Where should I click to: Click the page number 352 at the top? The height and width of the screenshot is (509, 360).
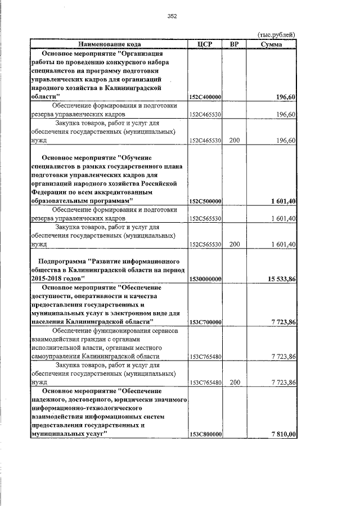(x=172, y=16)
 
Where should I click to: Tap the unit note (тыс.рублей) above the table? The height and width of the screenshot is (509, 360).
(x=276, y=34)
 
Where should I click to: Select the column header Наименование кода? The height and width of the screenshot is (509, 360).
(x=109, y=44)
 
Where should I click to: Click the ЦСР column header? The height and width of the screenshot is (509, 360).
(x=205, y=44)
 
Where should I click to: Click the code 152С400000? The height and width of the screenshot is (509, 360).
(x=205, y=97)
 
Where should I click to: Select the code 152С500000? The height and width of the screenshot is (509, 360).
(x=205, y=201)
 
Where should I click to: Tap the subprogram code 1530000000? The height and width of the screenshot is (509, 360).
(x=205, y=279)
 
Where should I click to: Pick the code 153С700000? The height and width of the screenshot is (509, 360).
(x=205, y=322)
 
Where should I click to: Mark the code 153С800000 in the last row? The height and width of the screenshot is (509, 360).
(x=205, y=435)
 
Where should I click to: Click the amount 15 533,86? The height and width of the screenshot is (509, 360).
(x=278, y=279)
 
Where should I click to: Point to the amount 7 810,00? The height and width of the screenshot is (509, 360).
(x=283, y=435)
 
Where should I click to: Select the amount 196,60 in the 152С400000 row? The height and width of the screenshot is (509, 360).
(x=286, y=97)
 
